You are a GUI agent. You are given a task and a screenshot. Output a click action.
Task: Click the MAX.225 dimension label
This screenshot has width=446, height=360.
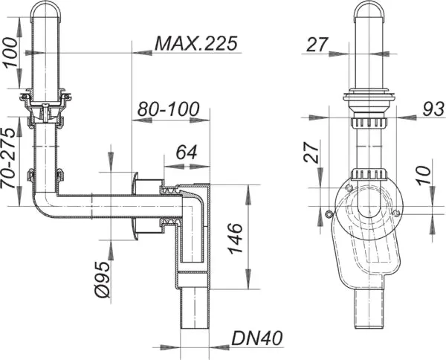(x=196, y=43)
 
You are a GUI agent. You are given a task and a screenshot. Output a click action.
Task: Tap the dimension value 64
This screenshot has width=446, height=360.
(x=187, y=152)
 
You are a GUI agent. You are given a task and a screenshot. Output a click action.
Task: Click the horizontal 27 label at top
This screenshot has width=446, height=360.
(x=317, y=45)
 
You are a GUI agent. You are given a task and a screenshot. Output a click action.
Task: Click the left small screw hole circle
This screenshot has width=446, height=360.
(x=329, y=216)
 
